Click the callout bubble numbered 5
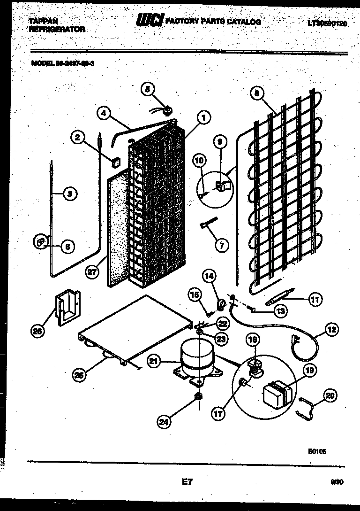point(148,89)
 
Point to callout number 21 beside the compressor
point(153,361)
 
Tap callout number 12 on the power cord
point(331,331)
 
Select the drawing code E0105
point(317,451)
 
